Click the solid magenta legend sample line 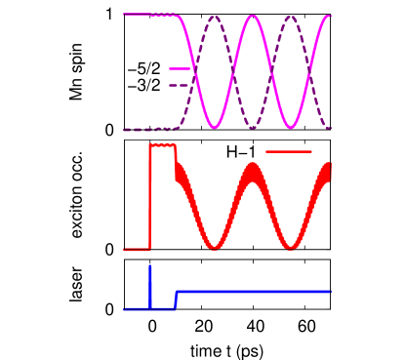[x=179, y=69]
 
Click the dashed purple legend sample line [x=179, y=85]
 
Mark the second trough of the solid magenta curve [x=291, y=128]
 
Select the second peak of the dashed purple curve [x=291, y=17]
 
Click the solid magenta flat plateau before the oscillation [x=146, y=16]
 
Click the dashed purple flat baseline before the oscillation [x=146, y=129]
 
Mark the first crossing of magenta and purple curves [x=195, y=72]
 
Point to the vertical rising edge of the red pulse [x=150, y=195]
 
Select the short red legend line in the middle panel [x=288, y=152]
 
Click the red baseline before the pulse [x=136, y=250]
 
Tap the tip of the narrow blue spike [x=150, y=266]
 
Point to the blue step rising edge [x=175, y=300]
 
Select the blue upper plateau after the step [x=254, y=292]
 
